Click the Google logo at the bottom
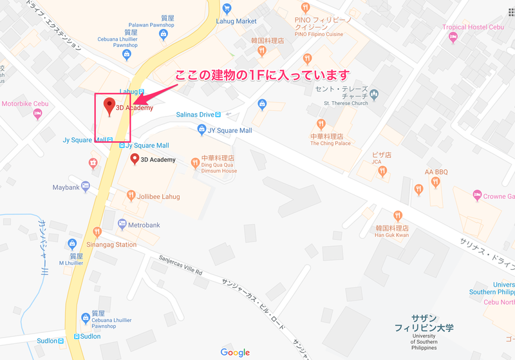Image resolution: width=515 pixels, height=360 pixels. click(x=235, y=352)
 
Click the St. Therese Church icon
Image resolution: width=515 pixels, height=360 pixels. click(x=375, y=95)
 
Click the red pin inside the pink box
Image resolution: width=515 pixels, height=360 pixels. click(x=109, y=106)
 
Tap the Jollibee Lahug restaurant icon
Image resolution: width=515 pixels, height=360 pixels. click(x=131, y=195)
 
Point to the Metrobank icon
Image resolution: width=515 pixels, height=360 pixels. click(x=122, y=224)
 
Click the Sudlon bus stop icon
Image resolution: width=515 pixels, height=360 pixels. click(x=77, y=336)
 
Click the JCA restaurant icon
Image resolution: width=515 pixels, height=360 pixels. click(x=382, y=171)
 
